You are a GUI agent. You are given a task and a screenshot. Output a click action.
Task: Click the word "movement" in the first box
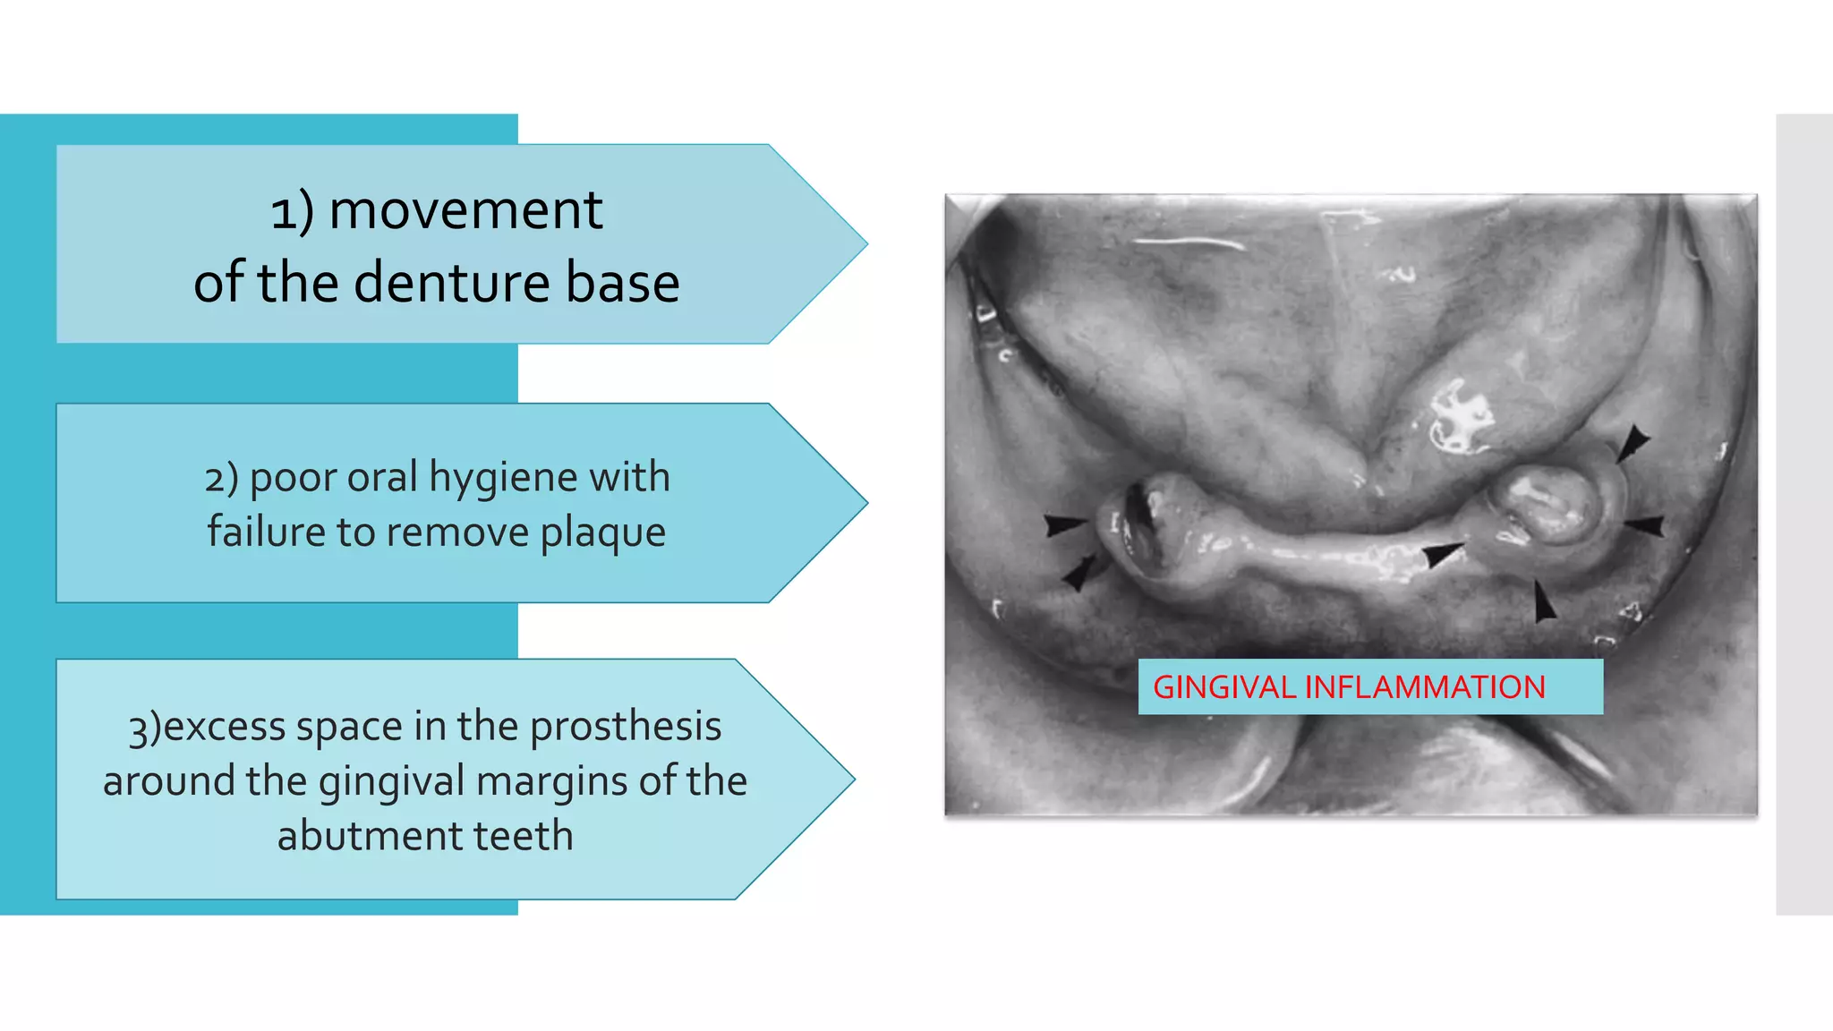pyautogui.click(x=465, y=211)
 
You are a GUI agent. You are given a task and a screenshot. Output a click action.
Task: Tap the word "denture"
pyautogui.click(x=451, y=283)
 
